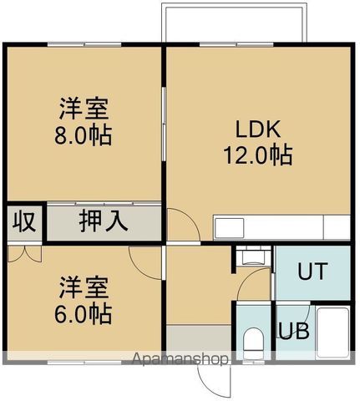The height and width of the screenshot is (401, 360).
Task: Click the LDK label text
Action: click(x=256, y=130)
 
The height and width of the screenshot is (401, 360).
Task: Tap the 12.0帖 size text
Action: click(x=256, y=155)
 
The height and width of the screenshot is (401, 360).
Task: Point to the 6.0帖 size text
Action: click(x=84, y=314)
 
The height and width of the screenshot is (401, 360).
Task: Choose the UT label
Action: click(x=312, y=272)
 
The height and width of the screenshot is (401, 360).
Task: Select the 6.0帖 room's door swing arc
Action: click(x=146, y=261)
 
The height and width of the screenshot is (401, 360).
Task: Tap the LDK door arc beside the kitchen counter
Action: click(x=182, y=224)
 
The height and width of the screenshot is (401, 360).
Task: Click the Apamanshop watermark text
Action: click(x=180, y=360)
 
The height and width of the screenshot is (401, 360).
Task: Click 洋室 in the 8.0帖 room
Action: click(x=84, y=109)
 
